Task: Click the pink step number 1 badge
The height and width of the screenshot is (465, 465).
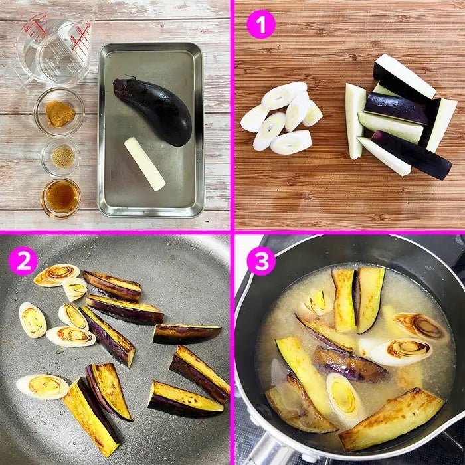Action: pyautogui.click(x=261, y=25)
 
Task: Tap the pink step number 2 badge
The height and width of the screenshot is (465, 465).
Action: pyautogui.click(x=23, y=260)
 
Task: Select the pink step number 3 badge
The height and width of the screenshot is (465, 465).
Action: pyautogui.click(x=261, y=261)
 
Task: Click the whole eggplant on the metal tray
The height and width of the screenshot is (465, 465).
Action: pyautogui.click(x=153, y=111)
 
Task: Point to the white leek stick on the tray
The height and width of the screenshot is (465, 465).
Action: pyautogui.click(x=145, y=163)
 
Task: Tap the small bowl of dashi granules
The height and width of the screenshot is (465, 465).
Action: pyautogui.click(x=61, y=157)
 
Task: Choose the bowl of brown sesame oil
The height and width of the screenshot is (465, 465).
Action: pyautogui.click(x=61, y=198)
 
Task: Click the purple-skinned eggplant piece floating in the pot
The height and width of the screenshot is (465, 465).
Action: pyautogui.click(x=350, y=363)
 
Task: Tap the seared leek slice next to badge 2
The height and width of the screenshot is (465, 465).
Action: pyautogui.click(x=56, y=275)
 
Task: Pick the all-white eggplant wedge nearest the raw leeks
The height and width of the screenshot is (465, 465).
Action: pyautogui.click(x=355, y=121)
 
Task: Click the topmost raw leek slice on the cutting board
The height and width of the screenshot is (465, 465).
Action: pyautogui.click(x=284, y=95)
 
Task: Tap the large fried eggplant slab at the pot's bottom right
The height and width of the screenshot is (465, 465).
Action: pyautogui.click(x=391, y=418)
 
